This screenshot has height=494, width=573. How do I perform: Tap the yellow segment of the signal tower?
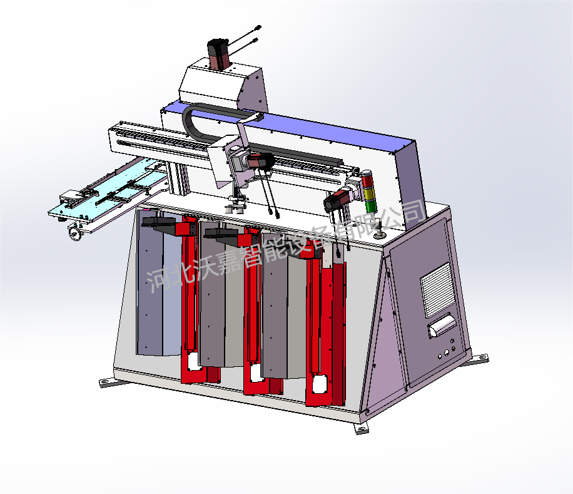coord(368,193)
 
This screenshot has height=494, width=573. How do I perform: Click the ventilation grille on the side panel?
coord(437,290)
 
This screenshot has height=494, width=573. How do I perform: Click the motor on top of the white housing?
coord(218,53)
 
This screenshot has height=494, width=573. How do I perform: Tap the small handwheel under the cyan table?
coord(74,232)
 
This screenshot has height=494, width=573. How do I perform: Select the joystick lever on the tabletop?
coord(379,229)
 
